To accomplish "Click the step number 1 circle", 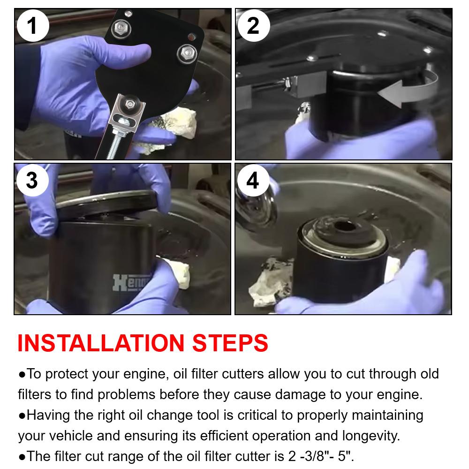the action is tap(33, 26).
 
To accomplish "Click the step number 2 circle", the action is tap(254, 26).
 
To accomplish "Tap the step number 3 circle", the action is tap(32, 181).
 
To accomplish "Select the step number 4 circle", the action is tap(253, 181).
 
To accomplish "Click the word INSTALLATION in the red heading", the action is tap(101, 343).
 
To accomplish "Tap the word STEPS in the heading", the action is tap(230, 343).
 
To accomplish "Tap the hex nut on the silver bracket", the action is tap(130, 104).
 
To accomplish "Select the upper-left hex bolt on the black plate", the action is tap(121, 28).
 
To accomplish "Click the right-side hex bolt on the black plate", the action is tap(187, 53).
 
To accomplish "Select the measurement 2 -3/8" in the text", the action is tap(311, 456).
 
